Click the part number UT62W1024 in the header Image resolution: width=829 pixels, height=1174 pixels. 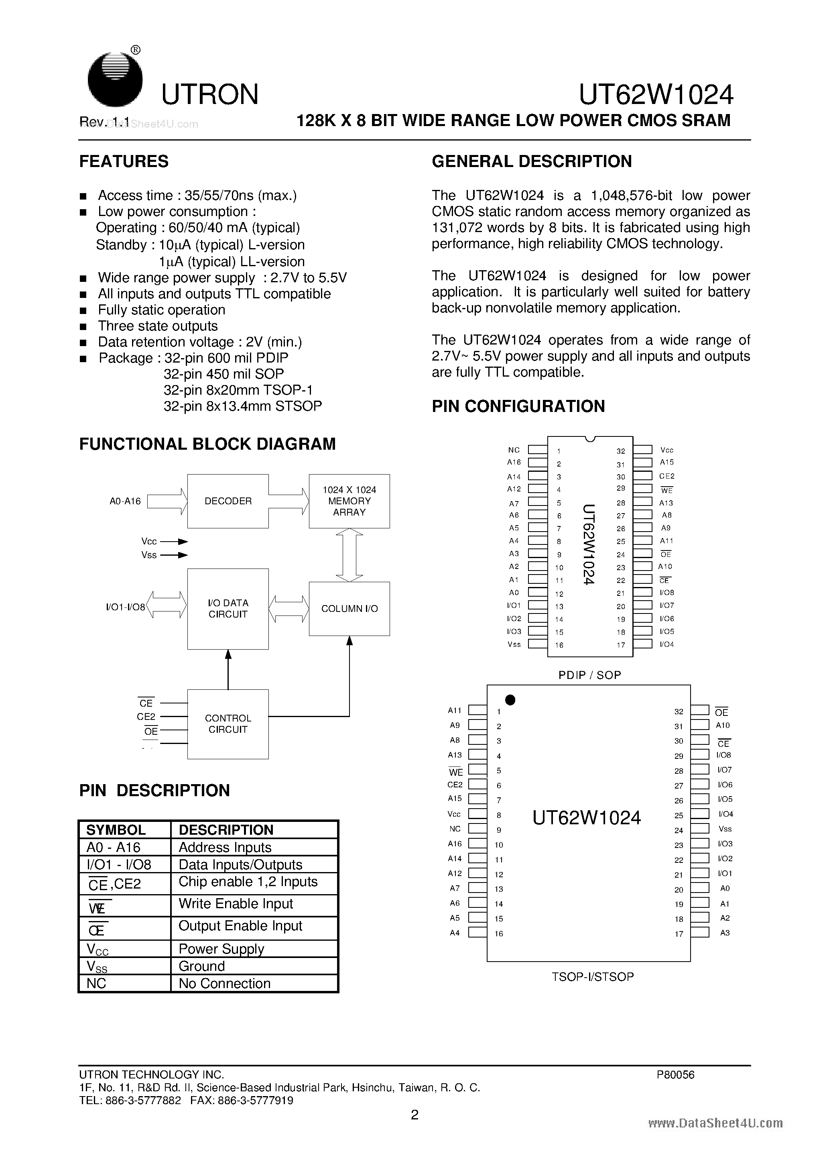[656, 95]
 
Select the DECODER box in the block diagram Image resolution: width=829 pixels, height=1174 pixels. [228, 501]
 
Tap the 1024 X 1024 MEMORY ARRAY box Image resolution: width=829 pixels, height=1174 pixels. [349, 501]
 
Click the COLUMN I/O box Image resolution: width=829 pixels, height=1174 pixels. [349, 608]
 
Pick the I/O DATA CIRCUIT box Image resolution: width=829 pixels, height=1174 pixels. [228, 608]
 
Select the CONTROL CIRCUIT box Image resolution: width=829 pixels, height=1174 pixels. [228, 724]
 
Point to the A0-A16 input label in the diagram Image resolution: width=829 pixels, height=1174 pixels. [125, 501]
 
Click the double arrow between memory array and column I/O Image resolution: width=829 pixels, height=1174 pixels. [349, 555]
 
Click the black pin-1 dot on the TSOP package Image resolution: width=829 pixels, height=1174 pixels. [510, 700]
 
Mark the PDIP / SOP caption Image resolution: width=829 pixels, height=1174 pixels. [590, 675]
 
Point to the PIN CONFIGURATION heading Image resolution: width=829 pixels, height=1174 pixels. [518, 406]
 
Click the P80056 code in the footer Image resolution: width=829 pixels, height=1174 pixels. [676, 1075]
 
